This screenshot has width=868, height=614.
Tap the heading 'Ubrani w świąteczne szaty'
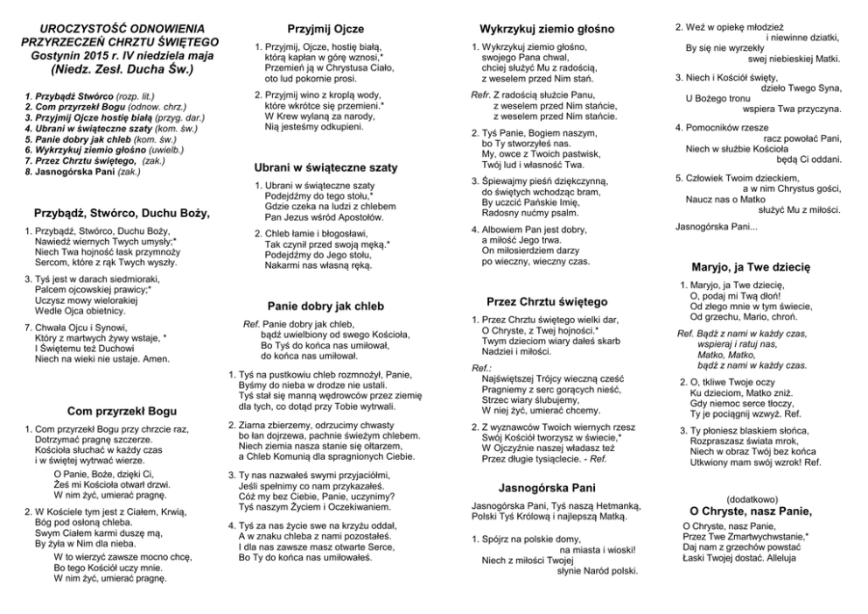325,167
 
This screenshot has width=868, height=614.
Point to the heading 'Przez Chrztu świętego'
547,301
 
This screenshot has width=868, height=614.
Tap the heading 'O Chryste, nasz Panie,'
751,511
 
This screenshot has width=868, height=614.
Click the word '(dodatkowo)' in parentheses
752,497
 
